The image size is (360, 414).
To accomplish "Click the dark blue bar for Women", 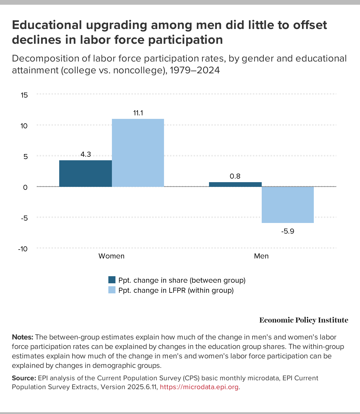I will click(86, 174).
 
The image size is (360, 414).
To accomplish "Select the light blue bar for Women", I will click(138, 153).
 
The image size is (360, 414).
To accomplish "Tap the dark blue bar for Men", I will click(235, 185).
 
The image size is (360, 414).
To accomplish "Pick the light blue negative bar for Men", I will click(287, 205).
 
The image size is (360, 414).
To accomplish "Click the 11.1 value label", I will click(138, 113).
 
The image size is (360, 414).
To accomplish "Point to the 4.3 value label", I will click(86, 154).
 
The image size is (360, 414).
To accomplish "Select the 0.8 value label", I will click(235, 176).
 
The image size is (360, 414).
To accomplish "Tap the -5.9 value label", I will click(287, 231).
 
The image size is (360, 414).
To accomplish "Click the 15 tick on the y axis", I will click(24, 95).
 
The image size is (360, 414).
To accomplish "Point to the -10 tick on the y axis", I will click(23, 249).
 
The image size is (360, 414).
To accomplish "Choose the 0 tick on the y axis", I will click(25, 187).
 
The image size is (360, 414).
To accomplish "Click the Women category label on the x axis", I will click(111, 256).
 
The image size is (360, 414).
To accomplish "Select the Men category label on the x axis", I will click(261, 256).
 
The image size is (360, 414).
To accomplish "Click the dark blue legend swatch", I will click(112, 280).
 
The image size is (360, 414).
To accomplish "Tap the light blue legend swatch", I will click(112, 290).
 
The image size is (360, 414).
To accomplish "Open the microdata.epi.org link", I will click(199, 387).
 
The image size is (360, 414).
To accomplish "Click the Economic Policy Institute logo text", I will click(303, 320).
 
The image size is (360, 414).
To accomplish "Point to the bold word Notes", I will click(22, 337).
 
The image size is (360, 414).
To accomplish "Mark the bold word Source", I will click(24, 378).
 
